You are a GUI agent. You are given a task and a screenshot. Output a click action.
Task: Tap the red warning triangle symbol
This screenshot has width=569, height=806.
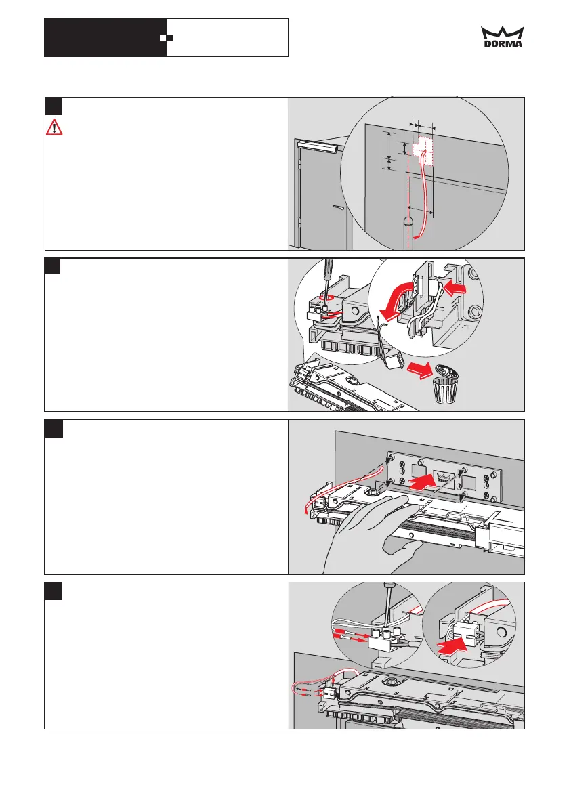click(x=53, y=127)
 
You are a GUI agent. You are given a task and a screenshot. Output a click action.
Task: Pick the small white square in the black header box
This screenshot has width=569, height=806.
click(x=163, y=37)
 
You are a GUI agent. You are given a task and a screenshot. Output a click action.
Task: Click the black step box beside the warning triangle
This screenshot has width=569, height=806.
click(x=54, y=106)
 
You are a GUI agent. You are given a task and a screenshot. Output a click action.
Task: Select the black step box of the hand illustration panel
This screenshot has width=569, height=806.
click(x=54, y=429)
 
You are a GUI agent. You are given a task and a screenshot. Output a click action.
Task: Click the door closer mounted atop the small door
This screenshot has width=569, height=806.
click(x=318, y=144)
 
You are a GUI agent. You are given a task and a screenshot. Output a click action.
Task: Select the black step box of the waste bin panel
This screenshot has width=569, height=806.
click(x=54, y=266)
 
